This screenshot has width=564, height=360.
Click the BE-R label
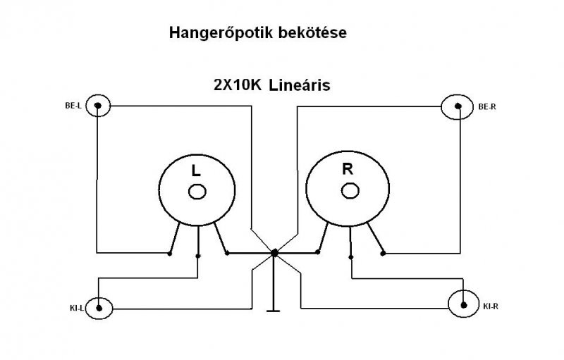point(487,108)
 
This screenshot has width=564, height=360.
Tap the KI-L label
point(78,308)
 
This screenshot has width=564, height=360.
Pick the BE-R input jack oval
point(459,107)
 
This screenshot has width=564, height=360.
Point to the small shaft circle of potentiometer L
point(197,191)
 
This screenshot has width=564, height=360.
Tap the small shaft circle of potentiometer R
point(349,190)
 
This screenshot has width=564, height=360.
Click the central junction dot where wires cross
point(274,252)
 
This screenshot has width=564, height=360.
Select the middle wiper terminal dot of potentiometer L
point(197,256)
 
